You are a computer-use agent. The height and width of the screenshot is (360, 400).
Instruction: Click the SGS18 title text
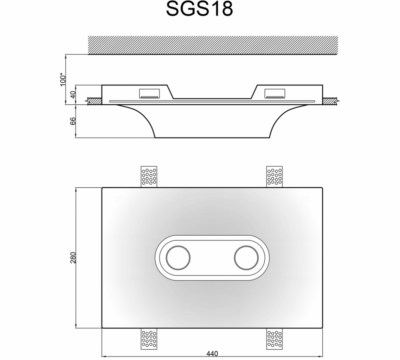pyautogui.click(x=199, y=9)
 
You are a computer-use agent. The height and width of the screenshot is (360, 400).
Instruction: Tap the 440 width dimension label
pyautogui.click(x=212, y=353)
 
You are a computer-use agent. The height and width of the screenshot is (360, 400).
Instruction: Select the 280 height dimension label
pyautogui.click(x=74, y=257)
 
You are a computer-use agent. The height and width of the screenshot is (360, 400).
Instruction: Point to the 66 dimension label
pyautogui.click(x=74, y=121)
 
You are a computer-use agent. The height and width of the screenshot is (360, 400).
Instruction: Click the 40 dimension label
pyautogui.click(x=74, y=94)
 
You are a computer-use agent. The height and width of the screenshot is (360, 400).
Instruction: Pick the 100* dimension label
pyautogui.click(x=63, y=80)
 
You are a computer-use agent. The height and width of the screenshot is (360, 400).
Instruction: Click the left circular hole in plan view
pyautogui.click(x=178, y=258)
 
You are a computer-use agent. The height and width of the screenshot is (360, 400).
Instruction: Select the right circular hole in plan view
pyautogui.click(x=246, y=258)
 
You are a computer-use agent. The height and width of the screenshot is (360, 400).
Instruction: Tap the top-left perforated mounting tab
pyautogui.click(x=149, y=177)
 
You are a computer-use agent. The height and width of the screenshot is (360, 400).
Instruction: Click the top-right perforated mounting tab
pyautogui.click(x=275, y=177)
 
